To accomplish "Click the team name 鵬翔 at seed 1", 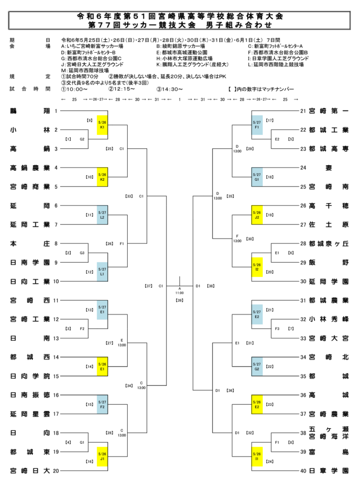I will pyautogui.click(x=29, y=111).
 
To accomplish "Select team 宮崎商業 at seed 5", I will pyautogui.click(x=29, y=187).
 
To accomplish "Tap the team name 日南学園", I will pyautogui.click(x=29, y=262).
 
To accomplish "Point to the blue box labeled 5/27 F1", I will pyautogui.click(x=257, y=125).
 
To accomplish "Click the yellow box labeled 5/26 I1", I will pyautogui.click(x=257, y=457).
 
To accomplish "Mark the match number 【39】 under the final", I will pyautogui.click(x=180, y=300).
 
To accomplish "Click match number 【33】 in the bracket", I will pyautogui.click(x=129, y=196).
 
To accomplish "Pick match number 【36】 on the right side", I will pyautogui.click(x=231, y=390).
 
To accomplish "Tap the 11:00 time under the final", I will pyautogui.click(x=180, y=293).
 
